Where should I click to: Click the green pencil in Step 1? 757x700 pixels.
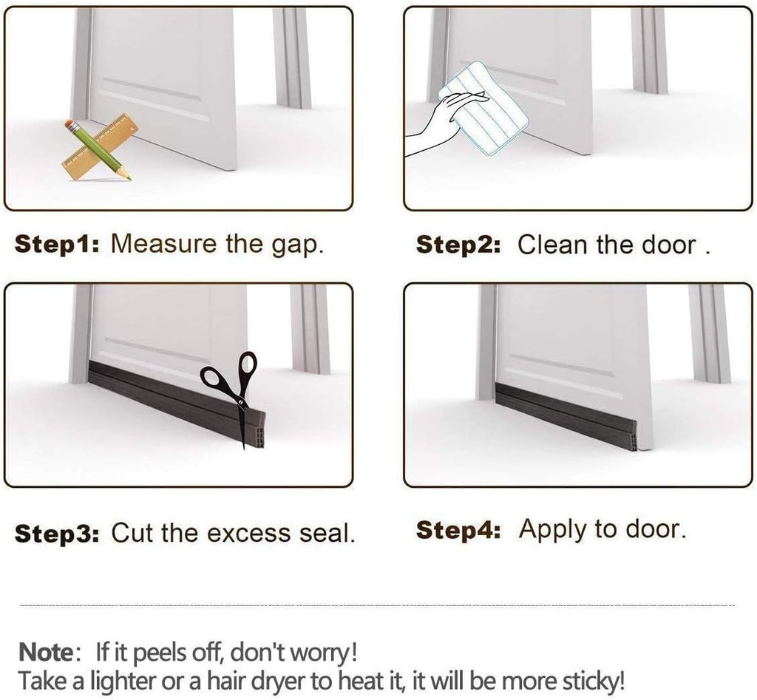click(x=98, y=150)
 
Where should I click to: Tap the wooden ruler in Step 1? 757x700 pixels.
click(x=100, y=147)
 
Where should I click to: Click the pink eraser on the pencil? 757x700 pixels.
click(x=69, y=124)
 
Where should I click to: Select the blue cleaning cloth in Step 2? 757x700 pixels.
click(x=483, y=108)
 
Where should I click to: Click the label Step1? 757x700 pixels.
click(x=57, y=244)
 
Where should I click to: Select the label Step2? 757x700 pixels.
click(x=458, y=245)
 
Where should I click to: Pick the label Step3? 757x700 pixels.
click(x=57, y=534)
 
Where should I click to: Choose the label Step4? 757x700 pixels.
click(x=458, y=529)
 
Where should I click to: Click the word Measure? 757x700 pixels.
click(x=163, y=244)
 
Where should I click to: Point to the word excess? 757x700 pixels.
click(x=249, y=534)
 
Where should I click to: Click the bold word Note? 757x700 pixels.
click(x=45, y=653)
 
